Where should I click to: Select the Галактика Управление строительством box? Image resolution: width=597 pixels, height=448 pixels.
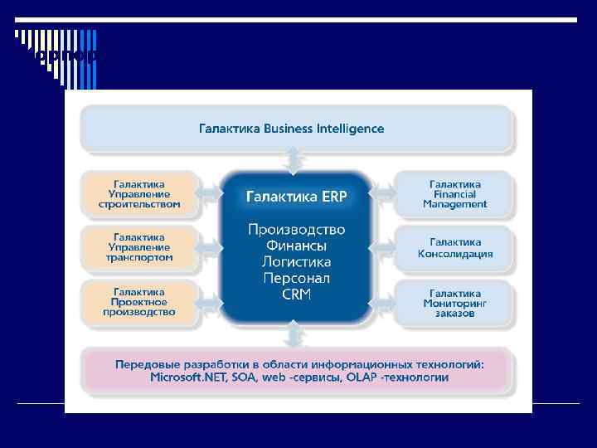(139, 193)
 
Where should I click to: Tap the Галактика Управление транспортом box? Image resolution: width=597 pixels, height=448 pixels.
(139, 247)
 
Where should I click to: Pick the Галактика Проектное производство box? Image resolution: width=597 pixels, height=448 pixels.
(139, 302)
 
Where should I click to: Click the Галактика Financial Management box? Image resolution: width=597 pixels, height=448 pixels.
(455, 193)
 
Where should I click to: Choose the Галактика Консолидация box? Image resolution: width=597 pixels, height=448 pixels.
(455, 247)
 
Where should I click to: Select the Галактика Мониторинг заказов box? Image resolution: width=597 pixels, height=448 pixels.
(455, 302)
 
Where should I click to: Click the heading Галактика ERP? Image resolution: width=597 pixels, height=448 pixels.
(296, 197)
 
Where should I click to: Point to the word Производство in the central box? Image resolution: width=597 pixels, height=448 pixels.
(296, 229)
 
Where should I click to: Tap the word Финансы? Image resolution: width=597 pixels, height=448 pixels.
(296, 246)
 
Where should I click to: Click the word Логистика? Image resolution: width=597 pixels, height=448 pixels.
(296, 262)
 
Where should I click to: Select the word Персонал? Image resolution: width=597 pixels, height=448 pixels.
(296, 279)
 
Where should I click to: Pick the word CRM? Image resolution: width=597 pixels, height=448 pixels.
(296, 295)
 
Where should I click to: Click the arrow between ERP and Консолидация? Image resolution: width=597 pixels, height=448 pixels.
(382, 247)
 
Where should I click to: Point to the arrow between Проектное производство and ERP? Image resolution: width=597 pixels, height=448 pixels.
(211, 302)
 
